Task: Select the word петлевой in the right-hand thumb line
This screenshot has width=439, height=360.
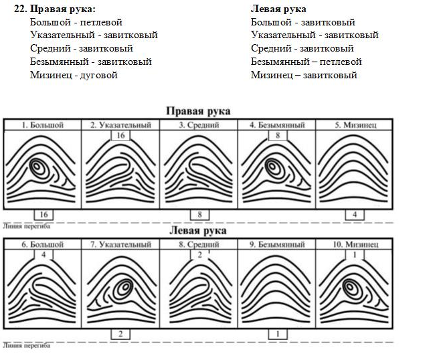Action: click(x=101, y=22)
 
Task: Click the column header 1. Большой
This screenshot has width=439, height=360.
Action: click(x=43, y=125)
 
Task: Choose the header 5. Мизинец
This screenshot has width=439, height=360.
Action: click(x=355, y=125)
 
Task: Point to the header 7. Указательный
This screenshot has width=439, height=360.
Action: click(x=120, y=244)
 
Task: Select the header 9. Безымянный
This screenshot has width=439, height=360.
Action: click(x=277, y=244)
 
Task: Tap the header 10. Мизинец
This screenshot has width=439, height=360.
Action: click(x=355, y=244)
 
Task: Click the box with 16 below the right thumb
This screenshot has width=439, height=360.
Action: click(x=43, y=215)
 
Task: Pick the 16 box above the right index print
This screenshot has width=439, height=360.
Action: click(x=120, y=135)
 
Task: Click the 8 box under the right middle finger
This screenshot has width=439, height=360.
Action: click(x=199, y=215)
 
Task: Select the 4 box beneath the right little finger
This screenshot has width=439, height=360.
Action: click(x=355, y=215)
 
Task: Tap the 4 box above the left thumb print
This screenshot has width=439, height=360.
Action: click(x=43, y=255)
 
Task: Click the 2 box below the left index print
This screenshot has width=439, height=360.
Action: click(x=120, y=334)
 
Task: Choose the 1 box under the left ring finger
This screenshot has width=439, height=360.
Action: click(x=278, y=334)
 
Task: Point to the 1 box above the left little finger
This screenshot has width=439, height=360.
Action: click(x=355, y=255)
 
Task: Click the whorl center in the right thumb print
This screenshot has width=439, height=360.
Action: click(x=37, y=166)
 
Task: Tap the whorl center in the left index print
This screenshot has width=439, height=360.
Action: click(x=125, y=286)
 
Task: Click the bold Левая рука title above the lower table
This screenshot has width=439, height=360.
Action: click(x=198, y=231)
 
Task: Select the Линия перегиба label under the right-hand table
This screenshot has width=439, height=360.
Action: click(x=27, y=226)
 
